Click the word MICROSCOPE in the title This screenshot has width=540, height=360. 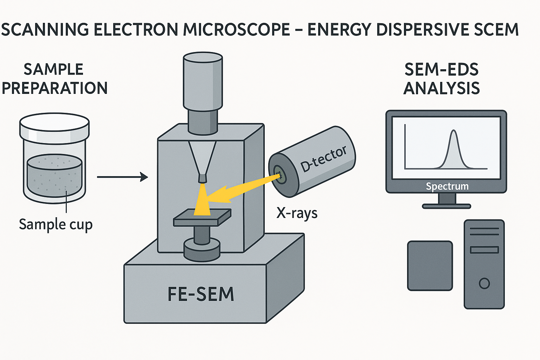point(236,30)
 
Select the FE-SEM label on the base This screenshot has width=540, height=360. point(201,294)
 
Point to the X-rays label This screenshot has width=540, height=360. point(297,213)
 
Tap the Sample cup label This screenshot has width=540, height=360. point(56,225)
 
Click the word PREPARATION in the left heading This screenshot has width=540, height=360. point(54,88)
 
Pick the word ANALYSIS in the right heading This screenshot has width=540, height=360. point(442,88)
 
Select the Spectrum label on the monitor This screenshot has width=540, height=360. point(447,186)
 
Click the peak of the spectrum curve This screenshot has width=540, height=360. point(454,131)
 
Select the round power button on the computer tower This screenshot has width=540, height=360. point(484,283)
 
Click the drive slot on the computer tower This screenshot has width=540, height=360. point(484,250)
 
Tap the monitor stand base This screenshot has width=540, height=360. point(446,206)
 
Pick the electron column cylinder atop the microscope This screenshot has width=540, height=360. point(202,81)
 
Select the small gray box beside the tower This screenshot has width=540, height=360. point(430,265)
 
